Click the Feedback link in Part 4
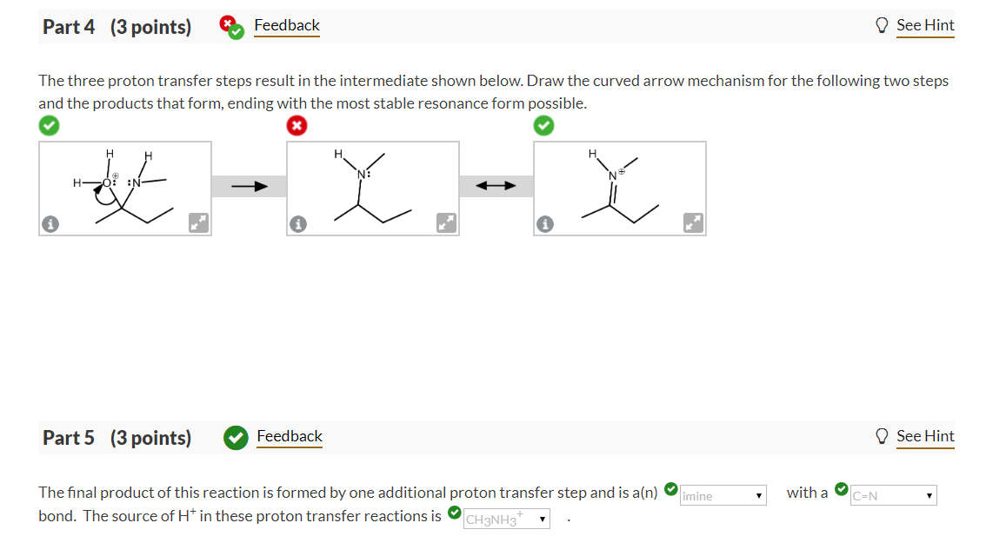pyautogui.click(x=286, y=26)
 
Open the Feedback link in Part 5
pyautogui.click(x=289, y=436)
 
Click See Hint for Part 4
pyautogui.click(x=925, y=26)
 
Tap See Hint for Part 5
pyautogui.click(x=925, y=436)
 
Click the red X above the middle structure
pyautogui.click(x=296, y=126)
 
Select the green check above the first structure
pyautogui.click(x=49, y=126)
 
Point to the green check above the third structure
pyautogui.click(x=543, y=126)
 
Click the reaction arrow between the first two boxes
pyautogui.click(x=249, y=186)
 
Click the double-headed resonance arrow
pyautogui.click(x=496, y=186)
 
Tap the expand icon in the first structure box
pyautogui.click(x=199, y=224)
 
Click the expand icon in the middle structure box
pyautogui.click(x=447, y=224)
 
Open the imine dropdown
pyautogui.click(x=723, y=496)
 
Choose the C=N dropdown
pyautogui.click(x=894, y=496)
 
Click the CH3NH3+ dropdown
pyautogui.click(x=507, y=520)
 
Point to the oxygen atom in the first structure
pyautogui.click(x=108, y=182)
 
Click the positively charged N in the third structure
pyautogui.click(x=613, y=175)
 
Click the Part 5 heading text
pyautogui.click(x=117, y=437)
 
